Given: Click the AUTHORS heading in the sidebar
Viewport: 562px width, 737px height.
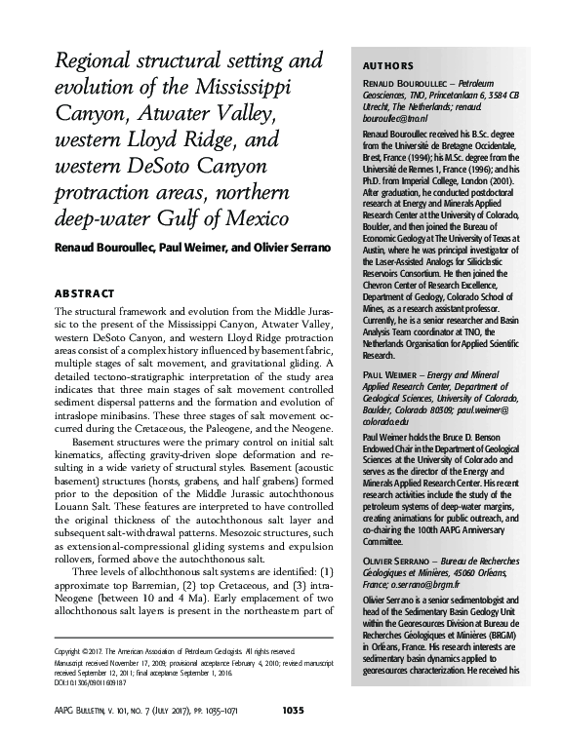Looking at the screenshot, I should coord(388,66).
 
